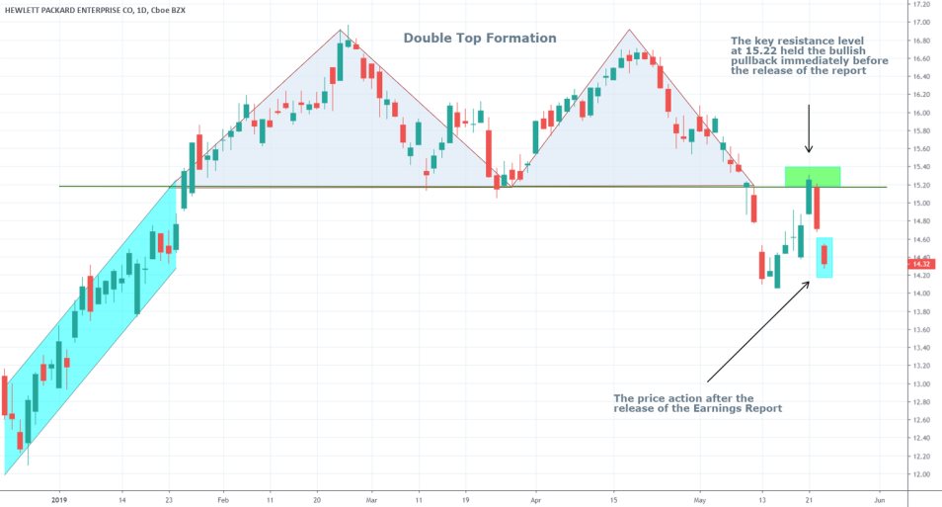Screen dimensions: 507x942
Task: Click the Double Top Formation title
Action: point(480,39)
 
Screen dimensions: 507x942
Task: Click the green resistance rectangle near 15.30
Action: point(813,176)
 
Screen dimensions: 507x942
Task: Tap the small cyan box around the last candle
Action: point(824,257)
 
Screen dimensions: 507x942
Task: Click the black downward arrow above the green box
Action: point(809,128)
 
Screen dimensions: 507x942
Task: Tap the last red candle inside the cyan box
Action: point(824,255)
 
